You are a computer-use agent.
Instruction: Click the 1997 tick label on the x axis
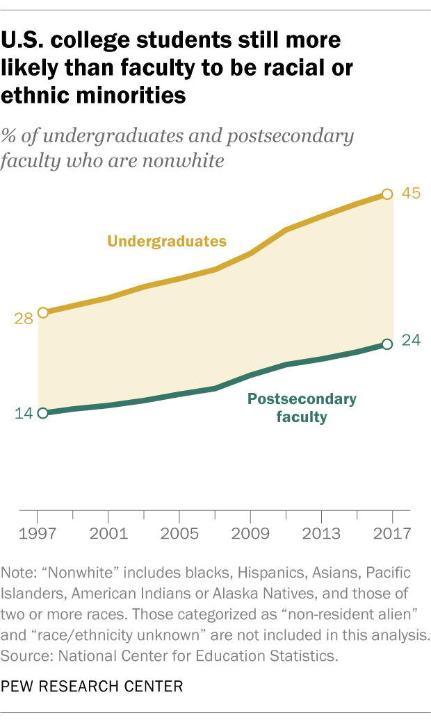[x=38, y=536]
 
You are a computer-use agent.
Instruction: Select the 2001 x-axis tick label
[x=108, y=536]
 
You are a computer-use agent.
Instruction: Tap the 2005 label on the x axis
[x=179, y=536]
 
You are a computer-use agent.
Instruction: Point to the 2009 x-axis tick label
[x=250, y=536]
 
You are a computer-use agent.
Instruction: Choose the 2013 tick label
[x=321, y=536]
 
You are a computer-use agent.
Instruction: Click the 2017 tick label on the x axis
[x=392, y=536]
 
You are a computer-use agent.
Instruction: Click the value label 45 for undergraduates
[x=412, y=194]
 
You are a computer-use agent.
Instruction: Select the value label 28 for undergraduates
[x=24, y=319]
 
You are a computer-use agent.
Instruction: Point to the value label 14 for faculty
[x=24, y=414]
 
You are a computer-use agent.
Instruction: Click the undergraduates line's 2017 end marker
[x=388, y=194]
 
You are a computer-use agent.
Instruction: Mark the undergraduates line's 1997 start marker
[x=43, y=312]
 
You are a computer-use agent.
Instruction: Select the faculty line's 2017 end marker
[x=388, y=344]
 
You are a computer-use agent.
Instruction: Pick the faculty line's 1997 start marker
[x=43, y=413]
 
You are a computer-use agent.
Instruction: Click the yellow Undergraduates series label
[x=167, y=242]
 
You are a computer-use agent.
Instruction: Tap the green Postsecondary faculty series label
[x=302, y=408]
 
